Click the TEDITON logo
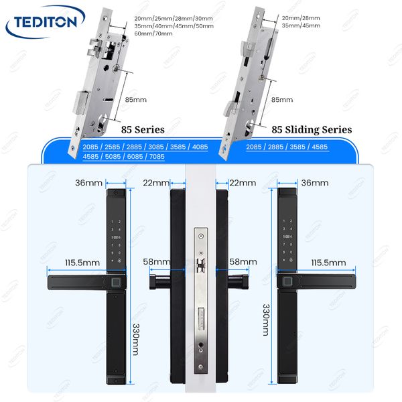pos(46,22)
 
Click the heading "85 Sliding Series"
pos(312,130)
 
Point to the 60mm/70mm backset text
pos(153,33)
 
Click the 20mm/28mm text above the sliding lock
pos(301,18)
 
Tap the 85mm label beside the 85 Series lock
pos(135,100)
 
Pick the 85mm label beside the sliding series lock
pos(282,100)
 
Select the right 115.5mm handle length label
pos(328,263)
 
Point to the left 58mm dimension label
pos(156,262)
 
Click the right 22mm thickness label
pos(243,183)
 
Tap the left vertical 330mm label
pos(135,340)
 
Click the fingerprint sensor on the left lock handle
pos(116,283)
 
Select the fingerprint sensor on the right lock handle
pos(287,281)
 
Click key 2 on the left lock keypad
pos(119,222)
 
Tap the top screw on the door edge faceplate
pos(201,236)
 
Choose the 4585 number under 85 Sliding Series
pos(319,147)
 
